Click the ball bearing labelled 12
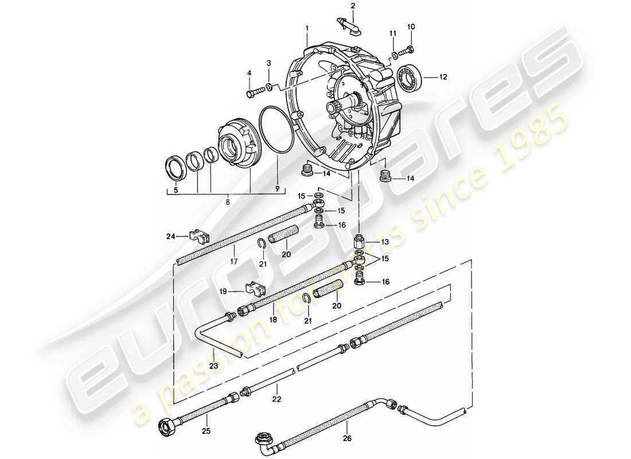click(x=410, y=76)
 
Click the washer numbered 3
click(x=268, y=87)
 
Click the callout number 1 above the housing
click(x=307, y=28)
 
